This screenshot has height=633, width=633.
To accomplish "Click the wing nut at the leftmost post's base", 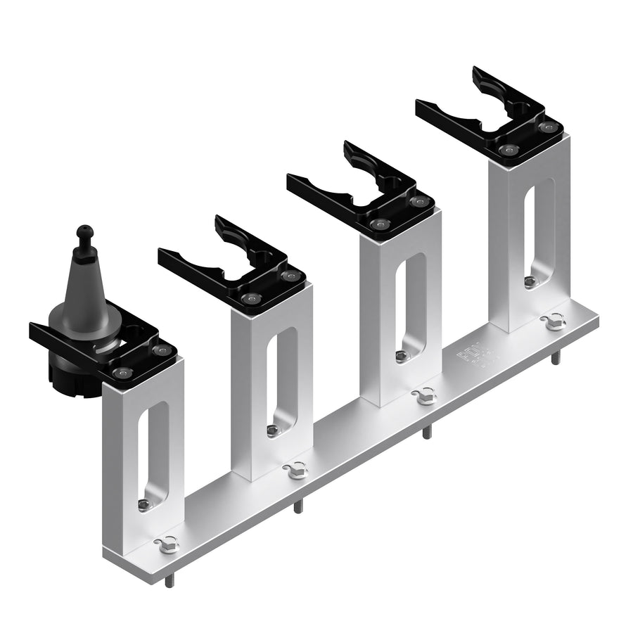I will [168, 544].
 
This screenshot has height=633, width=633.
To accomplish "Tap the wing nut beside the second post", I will [296, 469].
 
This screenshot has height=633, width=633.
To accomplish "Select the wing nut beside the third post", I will [425, 396].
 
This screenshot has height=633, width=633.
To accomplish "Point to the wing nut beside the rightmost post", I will [554, 321].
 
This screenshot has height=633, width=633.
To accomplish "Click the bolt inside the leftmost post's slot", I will [144, 504].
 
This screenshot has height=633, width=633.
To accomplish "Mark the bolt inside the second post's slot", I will [272, 430].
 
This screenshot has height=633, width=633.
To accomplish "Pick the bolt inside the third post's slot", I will [401, 356].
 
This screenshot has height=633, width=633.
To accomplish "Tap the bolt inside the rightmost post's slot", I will [530, 281].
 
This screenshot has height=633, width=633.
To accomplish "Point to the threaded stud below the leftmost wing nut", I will [169, 581].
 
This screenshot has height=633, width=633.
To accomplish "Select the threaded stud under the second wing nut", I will [298, 506].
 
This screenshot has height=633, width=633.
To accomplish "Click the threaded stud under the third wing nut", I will [426, 433].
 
